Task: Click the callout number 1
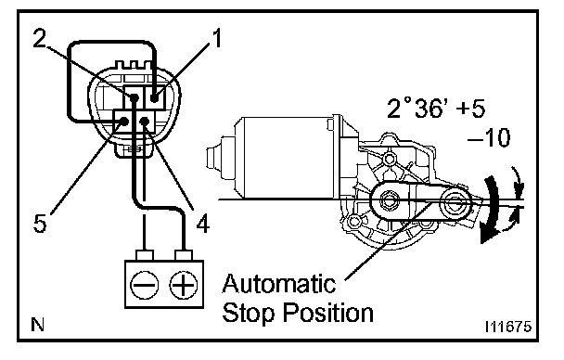[216, 38]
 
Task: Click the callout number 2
[40, 38]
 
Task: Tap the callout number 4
[203, 224]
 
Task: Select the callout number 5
[40, 223]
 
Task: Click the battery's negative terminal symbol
[144, 285]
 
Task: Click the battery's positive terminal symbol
[184, 285]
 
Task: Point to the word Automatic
[279, 283]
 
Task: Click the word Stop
[250, 312]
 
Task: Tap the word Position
[328, 312]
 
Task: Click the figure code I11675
[508, 327]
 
